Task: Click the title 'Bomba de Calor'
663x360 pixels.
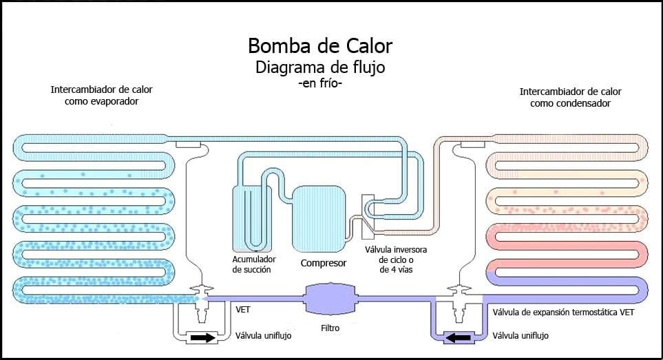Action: [320, 47]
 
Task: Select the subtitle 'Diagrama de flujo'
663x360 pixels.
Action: [320, 67]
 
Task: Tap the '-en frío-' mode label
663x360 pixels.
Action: [320, 83]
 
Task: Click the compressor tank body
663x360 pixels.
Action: [318, 219]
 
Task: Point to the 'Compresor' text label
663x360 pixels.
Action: [323, 263]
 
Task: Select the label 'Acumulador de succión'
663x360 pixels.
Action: [253, 264]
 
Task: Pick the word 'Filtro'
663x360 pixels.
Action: [330, 328]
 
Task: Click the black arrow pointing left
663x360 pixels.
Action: [457, 338]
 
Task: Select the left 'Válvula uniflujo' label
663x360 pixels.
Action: [265, 337]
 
